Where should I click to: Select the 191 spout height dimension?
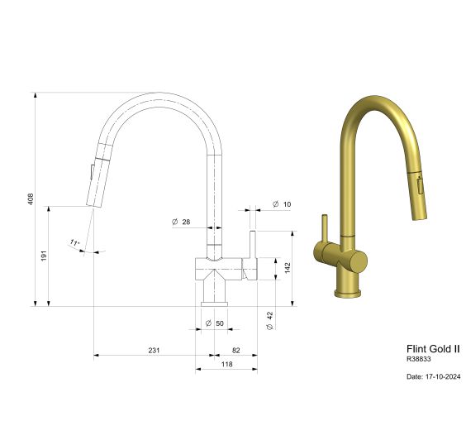44,257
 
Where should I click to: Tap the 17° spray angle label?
74,243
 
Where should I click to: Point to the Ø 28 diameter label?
181,222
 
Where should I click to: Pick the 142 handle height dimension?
287,267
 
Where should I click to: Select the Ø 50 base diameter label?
214,322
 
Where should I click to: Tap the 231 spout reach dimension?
154,350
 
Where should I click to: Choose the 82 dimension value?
235,350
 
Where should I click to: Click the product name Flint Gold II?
432,349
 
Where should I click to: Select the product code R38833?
419,360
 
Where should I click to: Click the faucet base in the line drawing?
214,292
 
